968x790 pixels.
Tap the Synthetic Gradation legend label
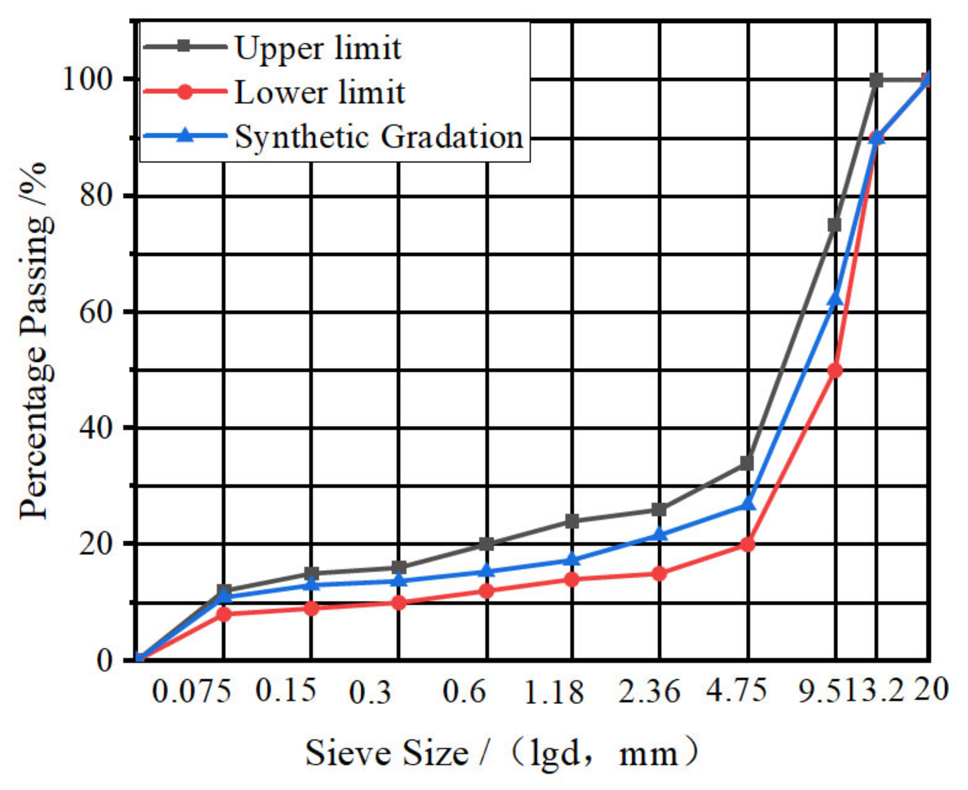[x=379, y=137]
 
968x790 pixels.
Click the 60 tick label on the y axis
[x=96, y=313]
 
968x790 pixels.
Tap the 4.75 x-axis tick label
[x=735, y=690]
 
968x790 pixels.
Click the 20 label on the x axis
[x=931, y=689]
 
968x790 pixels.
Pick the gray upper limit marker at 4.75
[x=747, y=464]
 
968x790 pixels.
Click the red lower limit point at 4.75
[x=747, y=544]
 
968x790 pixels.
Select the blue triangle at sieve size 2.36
[x=660, y=534]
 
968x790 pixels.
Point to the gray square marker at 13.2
[x=876, y=81]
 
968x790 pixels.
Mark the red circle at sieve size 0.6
[x=487, y=591]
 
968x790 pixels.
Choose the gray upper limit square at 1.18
[x=572, y=521]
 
